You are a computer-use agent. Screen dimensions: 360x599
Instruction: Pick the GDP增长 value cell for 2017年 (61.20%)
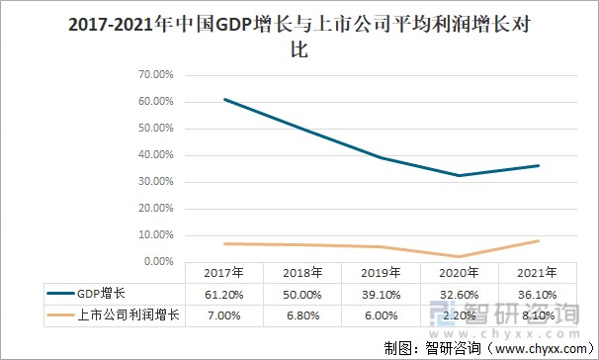coord(223,294)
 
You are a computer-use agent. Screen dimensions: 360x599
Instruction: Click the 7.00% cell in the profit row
coord(223,315)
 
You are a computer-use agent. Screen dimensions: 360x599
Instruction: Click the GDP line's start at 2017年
coord(224,99)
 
